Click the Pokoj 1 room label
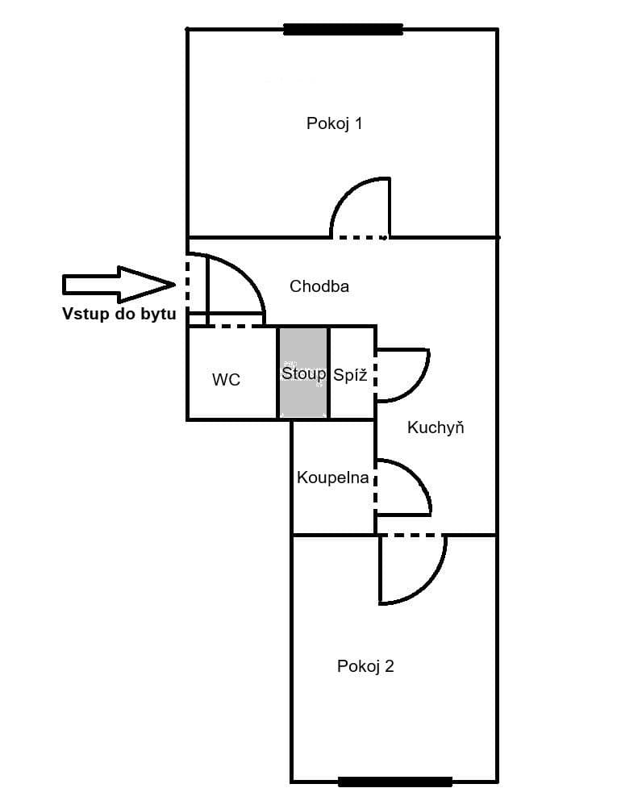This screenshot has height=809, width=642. [x=334, y=123]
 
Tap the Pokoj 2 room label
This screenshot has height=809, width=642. [x=365, y=666]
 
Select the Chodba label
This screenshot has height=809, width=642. [x=319, y=286]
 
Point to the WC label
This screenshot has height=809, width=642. [x=226, y=379]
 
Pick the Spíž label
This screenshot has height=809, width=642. [x=350, y=374]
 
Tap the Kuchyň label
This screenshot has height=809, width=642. [x=436, y=427]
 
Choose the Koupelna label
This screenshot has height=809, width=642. [x=332, y=477]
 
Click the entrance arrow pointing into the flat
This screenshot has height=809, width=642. [x=119, y=284]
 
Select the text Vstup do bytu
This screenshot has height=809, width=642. [x=119, y=315]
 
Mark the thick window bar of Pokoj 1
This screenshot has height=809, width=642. [x=343, y=30]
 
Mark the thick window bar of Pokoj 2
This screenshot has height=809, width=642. [x=394, y=781]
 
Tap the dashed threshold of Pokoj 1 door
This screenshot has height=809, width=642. [x=360, y=237]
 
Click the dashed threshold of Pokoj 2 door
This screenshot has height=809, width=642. [x=412, y=534]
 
